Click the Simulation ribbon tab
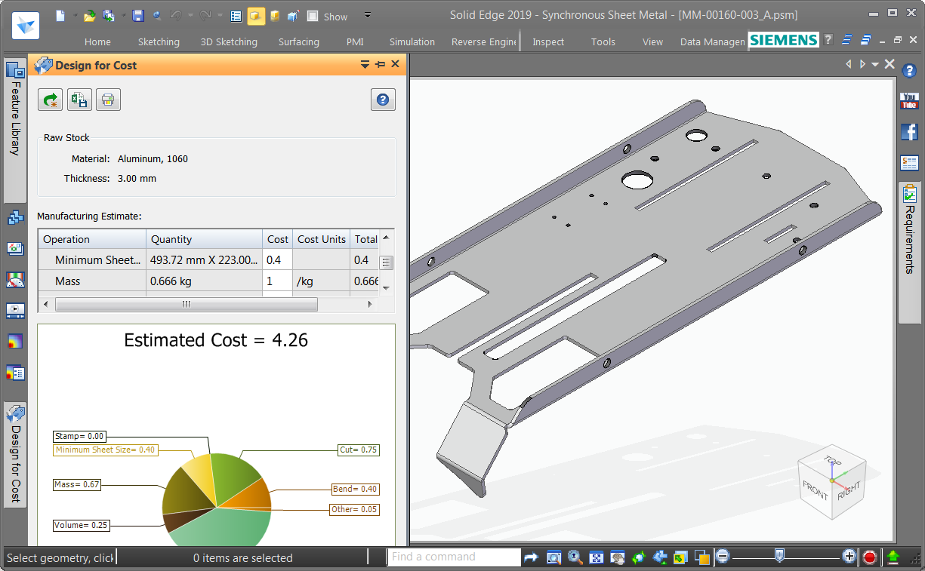tap(412, 42)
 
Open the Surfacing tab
tap(298, 42)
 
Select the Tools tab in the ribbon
tap(603, 42)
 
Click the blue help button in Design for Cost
tap(383, 100)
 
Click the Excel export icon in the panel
tap(79, 100)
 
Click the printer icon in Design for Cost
tap(108, 100)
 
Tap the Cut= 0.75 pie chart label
tap(358, 450)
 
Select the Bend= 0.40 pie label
tap(355, 490)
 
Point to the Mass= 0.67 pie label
tap(77, 484)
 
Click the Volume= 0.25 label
tap(80, 525)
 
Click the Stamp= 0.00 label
tap(79, 436)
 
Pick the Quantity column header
tap(171, 239)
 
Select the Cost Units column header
tap(321, 239)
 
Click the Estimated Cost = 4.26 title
tap(216, 340)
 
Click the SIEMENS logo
tap(783, 40)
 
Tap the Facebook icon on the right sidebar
tap(909, 131)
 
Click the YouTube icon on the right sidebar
tap(909, 100)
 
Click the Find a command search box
tap(453, 557)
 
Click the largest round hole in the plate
tap(637, 180)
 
